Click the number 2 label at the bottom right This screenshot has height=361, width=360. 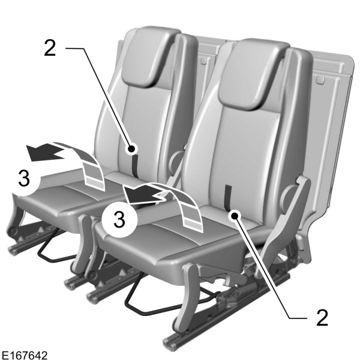322,317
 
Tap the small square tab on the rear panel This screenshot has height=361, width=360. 320,79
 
